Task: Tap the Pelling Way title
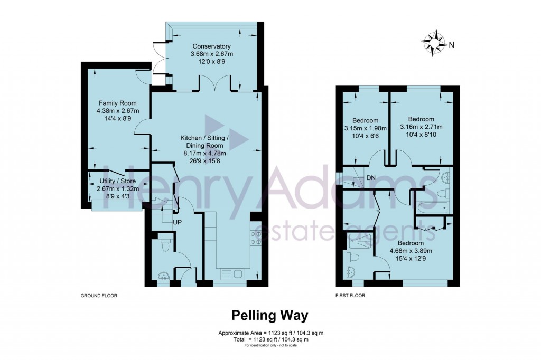(270, 316)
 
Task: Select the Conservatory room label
(211, 46)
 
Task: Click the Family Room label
(117, 103)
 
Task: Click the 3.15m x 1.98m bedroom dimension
(365, 128)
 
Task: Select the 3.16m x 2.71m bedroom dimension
(421, 127)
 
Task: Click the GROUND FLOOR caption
(98, 296)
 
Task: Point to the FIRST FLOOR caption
(350, 296)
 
